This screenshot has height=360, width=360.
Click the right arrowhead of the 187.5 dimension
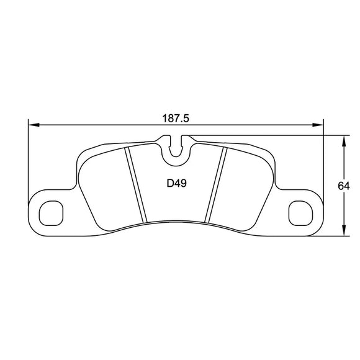click(x=320, y=125)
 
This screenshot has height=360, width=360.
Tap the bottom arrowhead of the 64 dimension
click(x=344, y=232)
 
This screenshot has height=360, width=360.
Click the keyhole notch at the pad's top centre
click(x=178, y=147)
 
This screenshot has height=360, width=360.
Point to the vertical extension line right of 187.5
click(x=324, y=161)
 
